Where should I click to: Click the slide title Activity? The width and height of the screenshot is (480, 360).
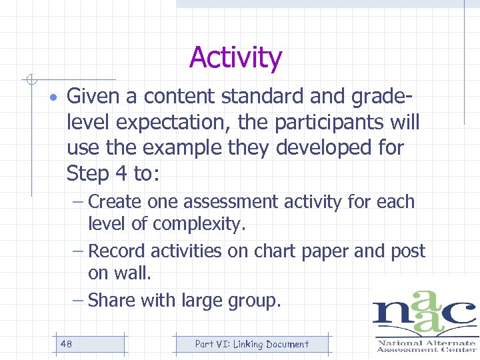pos(235,58)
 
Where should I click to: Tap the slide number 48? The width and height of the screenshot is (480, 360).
pos(66,344)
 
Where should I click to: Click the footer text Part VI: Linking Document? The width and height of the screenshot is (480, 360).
pos(251,344)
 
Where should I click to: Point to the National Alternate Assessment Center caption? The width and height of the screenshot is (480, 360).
pos(425,345)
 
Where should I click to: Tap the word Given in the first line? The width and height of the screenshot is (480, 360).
pos(93,97)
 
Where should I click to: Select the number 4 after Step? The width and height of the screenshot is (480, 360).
pos(121,173)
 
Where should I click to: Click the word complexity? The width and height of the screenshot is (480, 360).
pos(206,225)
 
